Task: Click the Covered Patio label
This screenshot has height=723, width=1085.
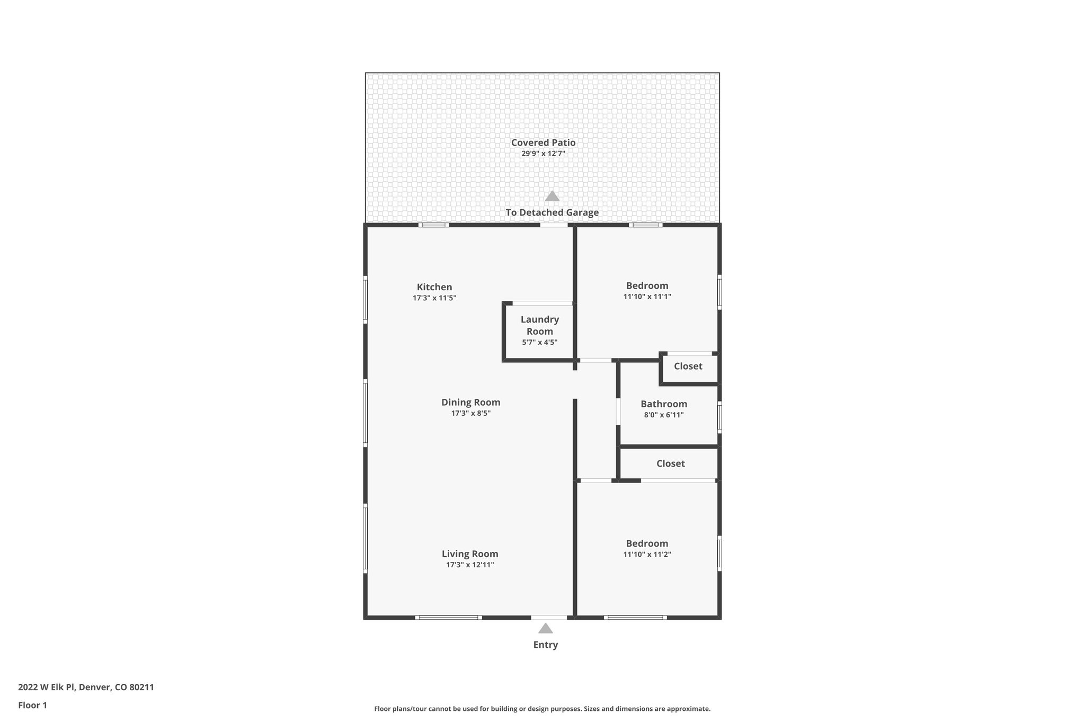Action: click(543, 142)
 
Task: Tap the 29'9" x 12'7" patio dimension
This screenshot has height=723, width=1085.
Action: click(543, 154)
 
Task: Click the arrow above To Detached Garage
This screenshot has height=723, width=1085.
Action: click(552, 197)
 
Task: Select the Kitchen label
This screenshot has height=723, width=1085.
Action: click(434, 287)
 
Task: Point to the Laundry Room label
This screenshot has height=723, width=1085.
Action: click(539, 325)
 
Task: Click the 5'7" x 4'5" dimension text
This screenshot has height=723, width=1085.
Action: click(539, 342)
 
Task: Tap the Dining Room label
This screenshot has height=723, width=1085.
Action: click(470, 402)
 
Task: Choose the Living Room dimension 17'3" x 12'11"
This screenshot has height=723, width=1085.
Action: click(470, 565)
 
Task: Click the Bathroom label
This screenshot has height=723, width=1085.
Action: click(663, 404)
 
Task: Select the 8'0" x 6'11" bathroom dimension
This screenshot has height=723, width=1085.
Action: click(663, 415)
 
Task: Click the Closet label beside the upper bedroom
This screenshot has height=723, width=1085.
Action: click(688, 366)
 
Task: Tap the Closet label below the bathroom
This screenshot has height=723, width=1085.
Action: click(670, 463)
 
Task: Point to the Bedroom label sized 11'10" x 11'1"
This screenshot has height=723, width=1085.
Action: click(647, 285)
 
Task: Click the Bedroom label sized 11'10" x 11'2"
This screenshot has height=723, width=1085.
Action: click(647, 543)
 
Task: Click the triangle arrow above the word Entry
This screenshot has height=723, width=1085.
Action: click(545, 629)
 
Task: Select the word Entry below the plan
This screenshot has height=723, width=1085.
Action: click(545, 645)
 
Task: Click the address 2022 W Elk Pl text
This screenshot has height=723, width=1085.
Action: click(86, 687)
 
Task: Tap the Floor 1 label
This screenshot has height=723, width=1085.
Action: click(32, 705)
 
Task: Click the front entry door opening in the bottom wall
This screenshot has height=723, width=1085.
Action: click(549, 617)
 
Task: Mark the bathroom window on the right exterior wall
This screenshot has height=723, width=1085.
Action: click(719, 417)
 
